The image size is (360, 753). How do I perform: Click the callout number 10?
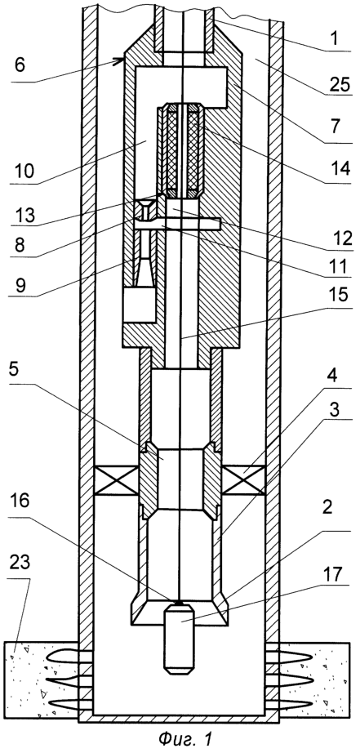[21, 171]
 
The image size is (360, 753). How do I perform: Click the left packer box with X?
[117, 479]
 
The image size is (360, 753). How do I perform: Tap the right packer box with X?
[243, 479]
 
